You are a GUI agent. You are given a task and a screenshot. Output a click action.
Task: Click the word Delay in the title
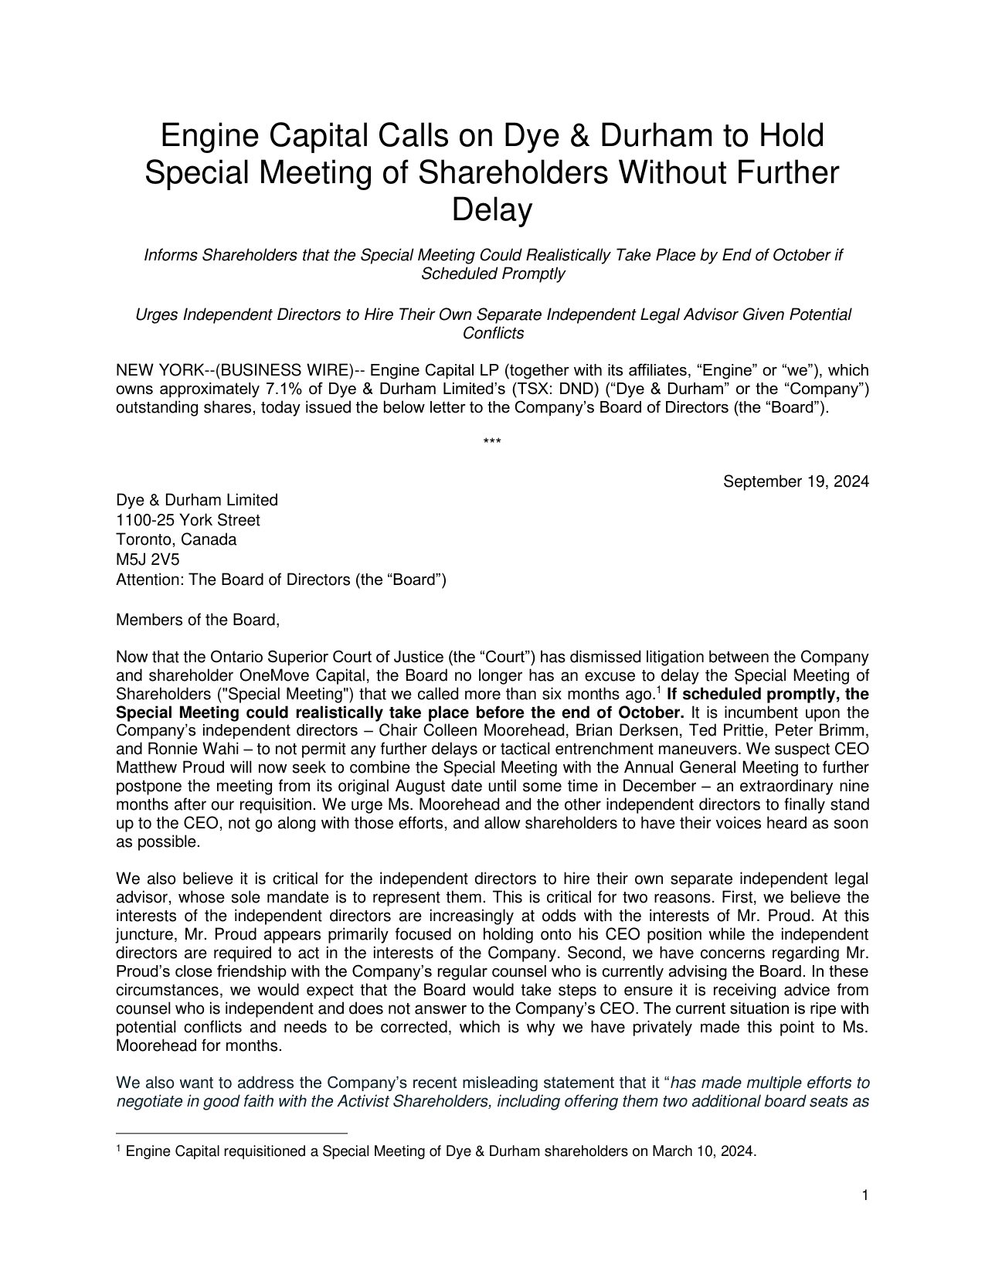492,210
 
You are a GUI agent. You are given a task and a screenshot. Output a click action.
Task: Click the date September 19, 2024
796,482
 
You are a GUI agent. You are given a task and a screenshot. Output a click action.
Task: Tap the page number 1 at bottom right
865,1196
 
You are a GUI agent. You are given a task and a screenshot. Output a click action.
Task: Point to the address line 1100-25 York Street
188,520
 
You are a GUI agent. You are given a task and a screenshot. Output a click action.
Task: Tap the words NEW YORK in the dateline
151,370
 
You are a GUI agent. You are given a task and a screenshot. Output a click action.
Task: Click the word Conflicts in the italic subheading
493,333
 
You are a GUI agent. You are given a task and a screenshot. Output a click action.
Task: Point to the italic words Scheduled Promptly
492,274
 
